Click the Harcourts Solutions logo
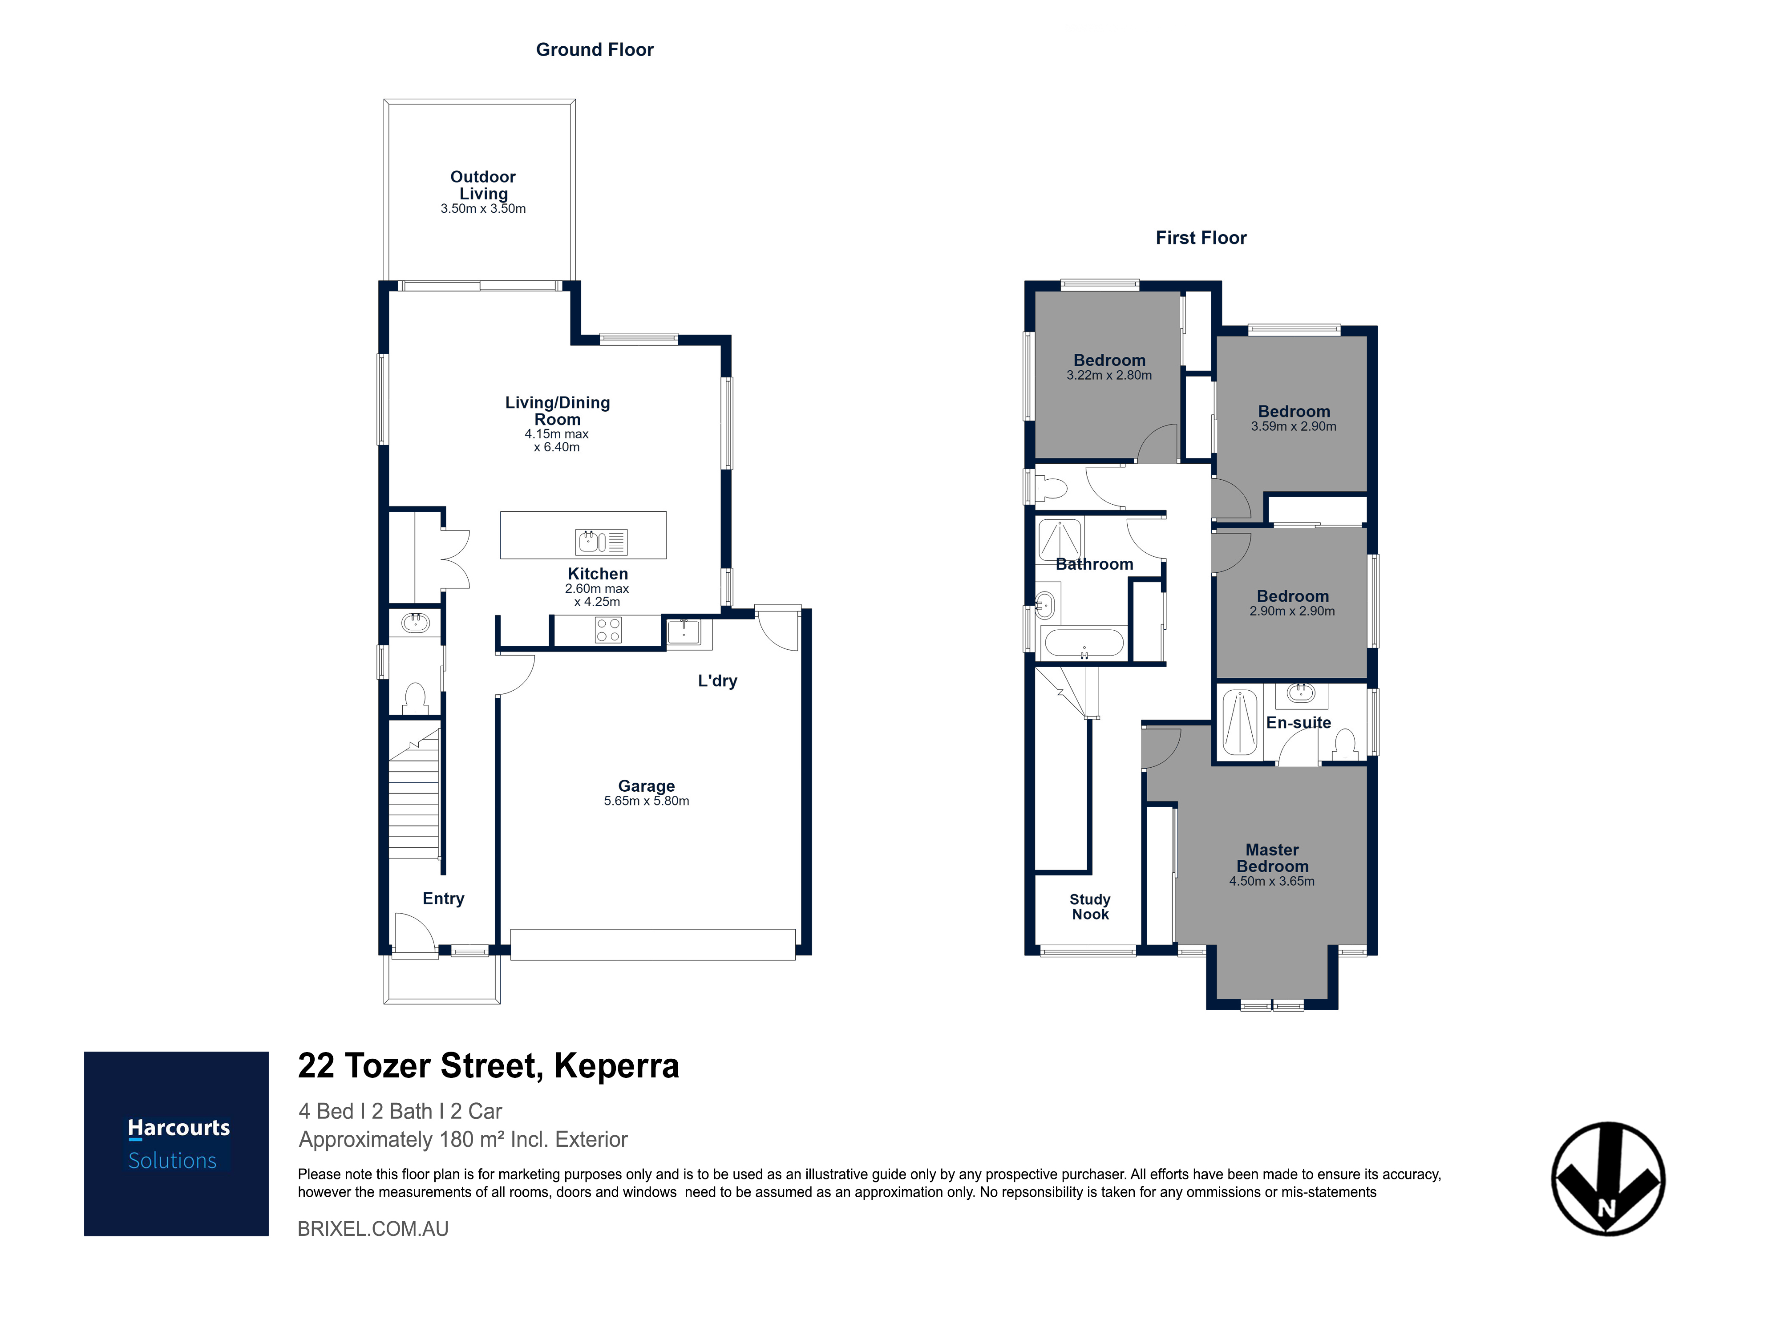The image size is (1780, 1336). (176, 1144)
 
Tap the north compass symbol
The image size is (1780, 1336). (1608, 1178)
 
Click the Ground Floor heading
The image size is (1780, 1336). (595, 50)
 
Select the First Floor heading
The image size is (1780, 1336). (1201, 238)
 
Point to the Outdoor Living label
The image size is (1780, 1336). (483, 185)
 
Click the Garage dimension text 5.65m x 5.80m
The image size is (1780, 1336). (646, 801)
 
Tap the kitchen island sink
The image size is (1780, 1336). (601, 542)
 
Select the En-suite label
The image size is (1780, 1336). (1299, 723)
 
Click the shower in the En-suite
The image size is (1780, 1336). (1239, 722)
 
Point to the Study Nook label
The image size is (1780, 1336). (1090, 907)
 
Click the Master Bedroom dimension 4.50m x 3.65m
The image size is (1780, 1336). (1272, 881)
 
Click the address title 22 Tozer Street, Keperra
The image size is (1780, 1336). (489, 1066)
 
